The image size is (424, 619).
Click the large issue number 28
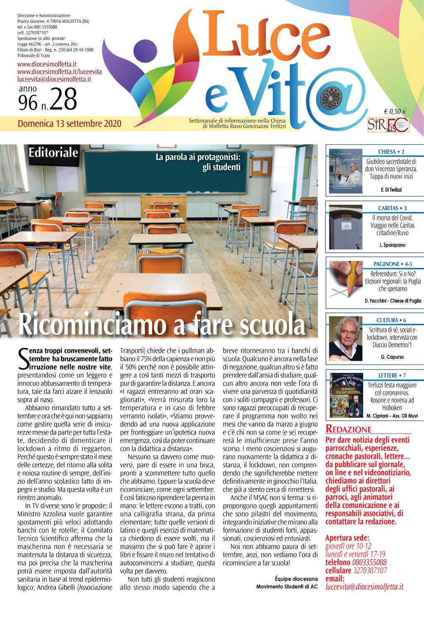tap(63, 99)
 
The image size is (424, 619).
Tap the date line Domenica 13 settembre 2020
tap(69, 123)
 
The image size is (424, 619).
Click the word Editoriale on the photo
tap(53, 152)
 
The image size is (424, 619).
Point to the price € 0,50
tap(395, 111)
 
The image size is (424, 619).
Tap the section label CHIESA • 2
tap(391, 152)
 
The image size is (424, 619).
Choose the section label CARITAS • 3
tap(392, 208)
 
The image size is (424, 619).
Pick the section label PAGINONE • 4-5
tap(393, 264)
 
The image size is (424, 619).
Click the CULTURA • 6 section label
tap(391, 320)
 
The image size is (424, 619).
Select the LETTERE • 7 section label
tap(392, 376)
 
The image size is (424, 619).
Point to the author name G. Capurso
tap(392, 357)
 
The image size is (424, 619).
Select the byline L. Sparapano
tap(392, 245)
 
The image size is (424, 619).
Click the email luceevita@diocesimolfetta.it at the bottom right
tap(364, 587)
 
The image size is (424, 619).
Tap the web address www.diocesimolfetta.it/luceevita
tap(59, 72)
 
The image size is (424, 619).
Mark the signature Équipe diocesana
tap(296, 579)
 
